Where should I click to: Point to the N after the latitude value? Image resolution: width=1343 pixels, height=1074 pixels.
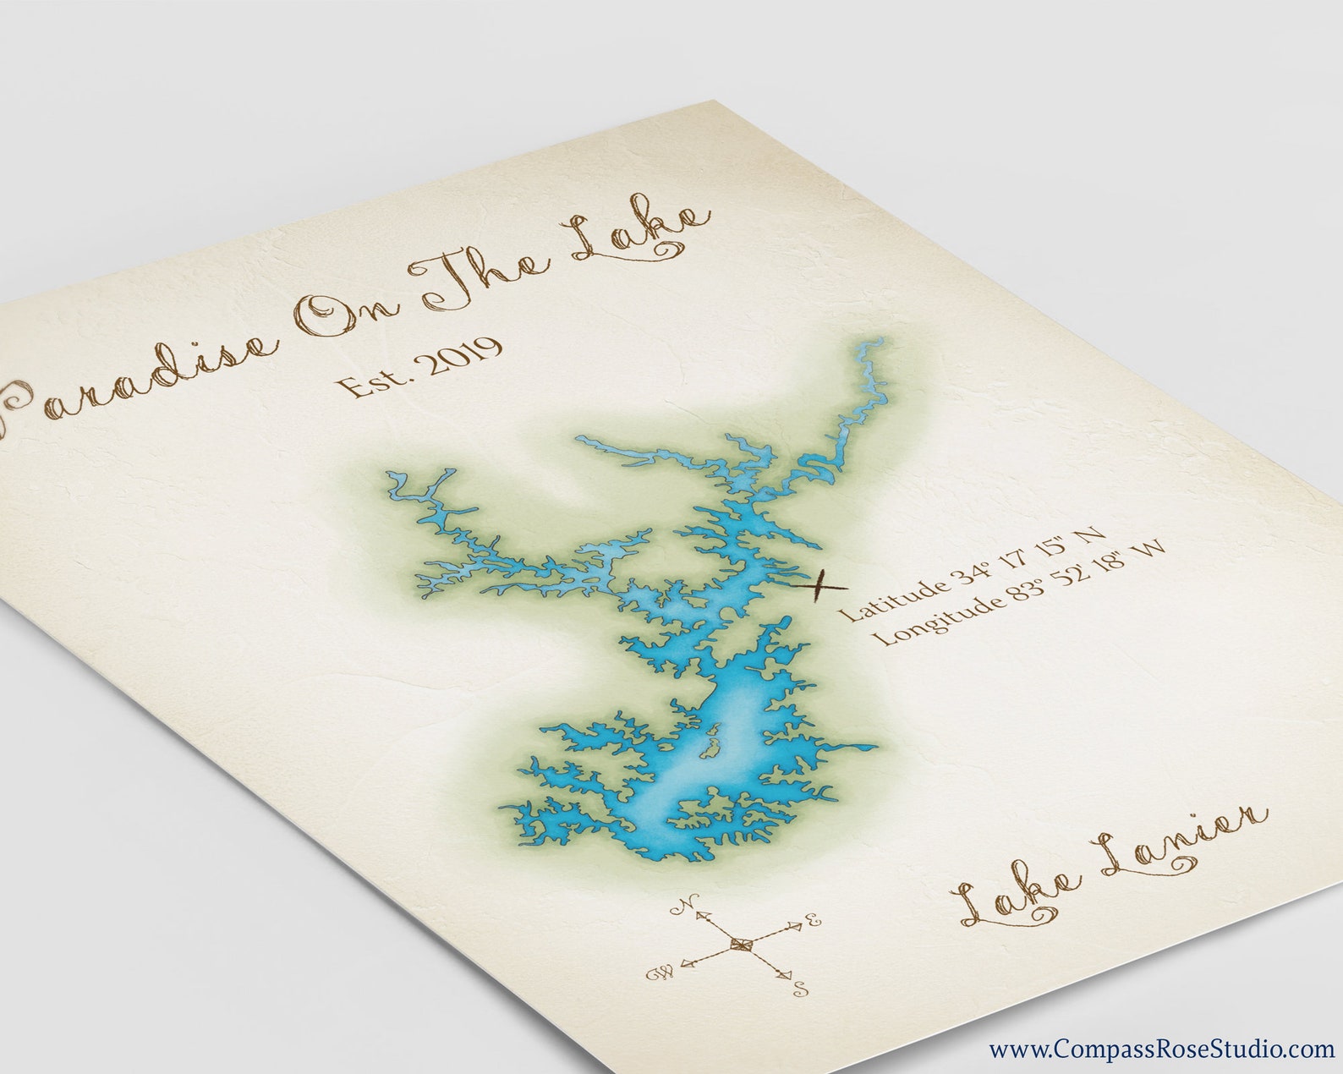[1093, 534]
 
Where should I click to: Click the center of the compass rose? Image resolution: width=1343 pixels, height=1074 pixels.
[741, 944]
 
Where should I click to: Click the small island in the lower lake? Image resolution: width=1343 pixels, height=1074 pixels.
[710, 744]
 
